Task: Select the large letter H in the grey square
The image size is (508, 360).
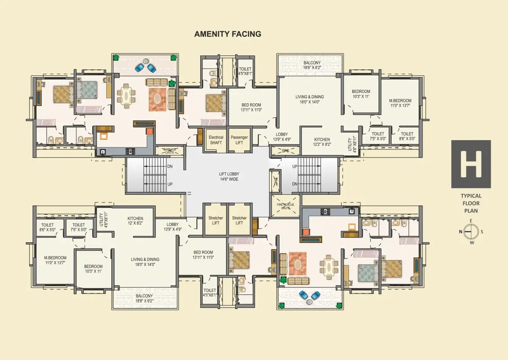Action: (471, 164)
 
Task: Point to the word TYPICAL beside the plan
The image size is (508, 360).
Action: (471, 196)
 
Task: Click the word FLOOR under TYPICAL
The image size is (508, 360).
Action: (471, 203)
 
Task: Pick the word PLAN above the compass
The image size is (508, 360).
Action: (471, 210)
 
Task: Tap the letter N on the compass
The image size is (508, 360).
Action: (461, 232)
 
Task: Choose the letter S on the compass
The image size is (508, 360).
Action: (481, 232)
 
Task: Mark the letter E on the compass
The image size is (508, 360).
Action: (471, 221)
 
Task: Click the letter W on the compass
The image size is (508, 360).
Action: (471, 243)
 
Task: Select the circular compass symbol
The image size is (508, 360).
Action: (471, 232)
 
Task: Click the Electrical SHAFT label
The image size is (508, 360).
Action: (216, 140)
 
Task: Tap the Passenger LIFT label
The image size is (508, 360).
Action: (239, 140)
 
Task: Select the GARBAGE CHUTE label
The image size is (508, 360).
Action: (169, 150)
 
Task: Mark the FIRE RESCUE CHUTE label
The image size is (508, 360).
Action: (285, 206)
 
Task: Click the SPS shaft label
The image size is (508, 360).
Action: (285, 151)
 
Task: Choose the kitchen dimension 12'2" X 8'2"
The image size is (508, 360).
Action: (322, 144)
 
